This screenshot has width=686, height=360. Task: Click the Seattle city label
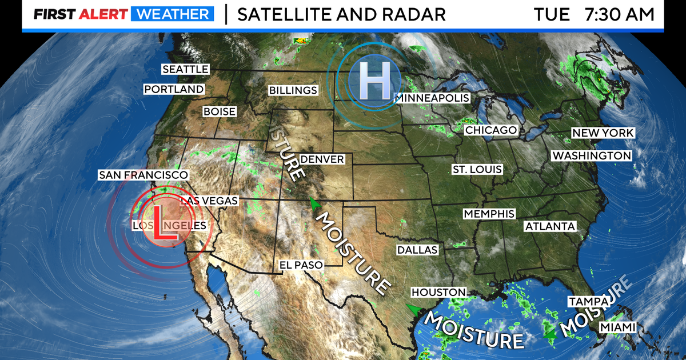pos(185,69)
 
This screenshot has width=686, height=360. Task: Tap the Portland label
pos(173,89)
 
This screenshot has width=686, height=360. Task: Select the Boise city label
pos(220,112)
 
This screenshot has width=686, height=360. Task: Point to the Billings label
pos(293,90)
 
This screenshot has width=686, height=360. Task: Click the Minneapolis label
pos(433,98)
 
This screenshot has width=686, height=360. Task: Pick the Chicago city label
pos(490,130)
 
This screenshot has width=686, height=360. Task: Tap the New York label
pos(603,133)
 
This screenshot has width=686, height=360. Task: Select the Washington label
pos(591,155)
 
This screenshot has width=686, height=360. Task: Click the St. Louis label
pos(477,169)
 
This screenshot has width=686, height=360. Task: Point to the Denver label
pos(322,159)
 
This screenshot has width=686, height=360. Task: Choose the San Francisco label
pos(143,175)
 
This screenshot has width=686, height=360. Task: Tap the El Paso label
pos(301,265)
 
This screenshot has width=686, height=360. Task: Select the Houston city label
pos(438,292)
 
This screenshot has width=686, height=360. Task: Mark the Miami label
pos(617,327)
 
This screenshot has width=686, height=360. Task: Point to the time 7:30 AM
pos(619,15)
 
